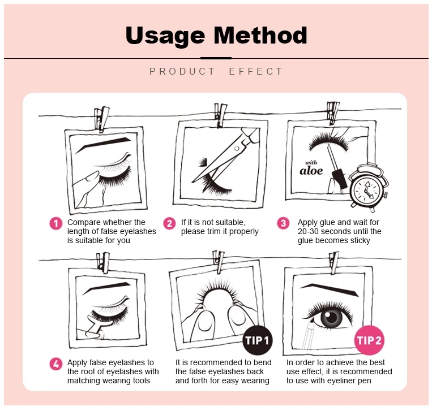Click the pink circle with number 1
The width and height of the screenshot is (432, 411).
[x=56, y=223]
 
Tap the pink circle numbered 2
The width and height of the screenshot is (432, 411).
[x=169, y=223]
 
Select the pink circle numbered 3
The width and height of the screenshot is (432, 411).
[x=283, y=223]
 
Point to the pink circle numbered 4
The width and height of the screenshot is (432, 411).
[x=56, y=364]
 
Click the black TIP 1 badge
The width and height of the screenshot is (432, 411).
[x=257, y=340]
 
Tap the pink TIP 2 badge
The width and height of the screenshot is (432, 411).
[x=369, y=340]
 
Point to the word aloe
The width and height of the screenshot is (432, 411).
[x=311, y=171]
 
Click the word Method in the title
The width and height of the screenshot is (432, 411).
[x=260, y=35]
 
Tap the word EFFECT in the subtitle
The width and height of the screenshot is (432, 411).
[x=256, y=72]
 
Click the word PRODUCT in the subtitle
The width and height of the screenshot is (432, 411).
[x=182, y=72]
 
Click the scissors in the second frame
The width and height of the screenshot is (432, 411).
[x=226, y=155]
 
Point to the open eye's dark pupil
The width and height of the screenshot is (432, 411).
[x=332, y=317]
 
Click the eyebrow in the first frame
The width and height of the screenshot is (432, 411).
[x=103, y=145]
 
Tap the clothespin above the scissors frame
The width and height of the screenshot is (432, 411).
[x=220, y=115]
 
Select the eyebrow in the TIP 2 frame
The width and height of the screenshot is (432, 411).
[x=329, y=290]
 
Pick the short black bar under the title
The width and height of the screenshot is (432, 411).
[x=216, y=58]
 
